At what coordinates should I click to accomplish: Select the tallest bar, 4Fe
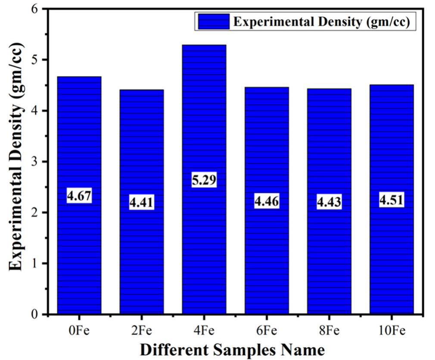204,241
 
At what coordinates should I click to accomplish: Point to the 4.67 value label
79,196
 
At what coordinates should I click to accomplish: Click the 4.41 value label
141,202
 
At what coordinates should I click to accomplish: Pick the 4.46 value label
267,201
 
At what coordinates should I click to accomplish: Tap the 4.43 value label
329,202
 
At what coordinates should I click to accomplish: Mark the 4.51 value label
391,200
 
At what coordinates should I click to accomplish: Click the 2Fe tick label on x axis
141,331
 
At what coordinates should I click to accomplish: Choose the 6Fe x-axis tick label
267,331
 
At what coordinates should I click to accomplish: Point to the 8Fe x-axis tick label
329,331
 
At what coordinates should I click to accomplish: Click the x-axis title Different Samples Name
232,349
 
